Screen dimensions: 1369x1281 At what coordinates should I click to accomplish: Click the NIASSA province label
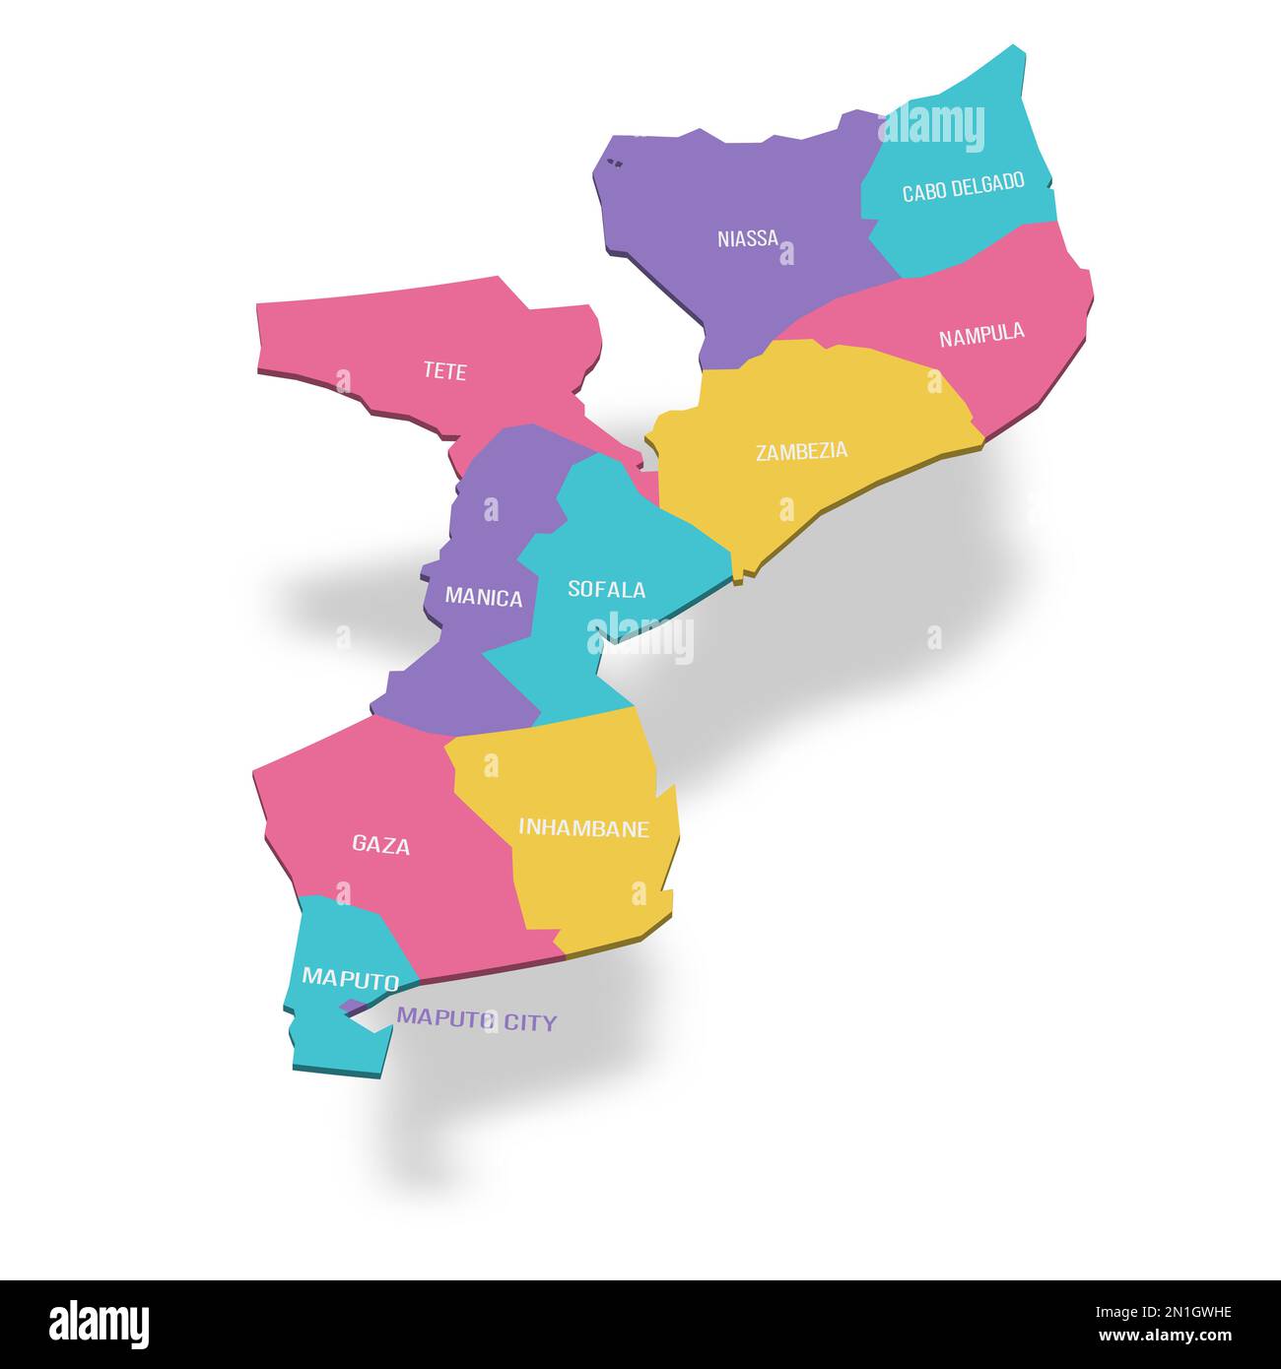tap(748, 238)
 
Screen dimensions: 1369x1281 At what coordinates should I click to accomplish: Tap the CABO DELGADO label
tap(963, 187)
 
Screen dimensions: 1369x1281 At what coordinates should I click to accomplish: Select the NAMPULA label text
tap(981, 335)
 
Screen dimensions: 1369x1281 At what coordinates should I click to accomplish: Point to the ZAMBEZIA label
tap(801, 452)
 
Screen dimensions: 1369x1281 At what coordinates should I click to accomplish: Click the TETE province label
tap(444, 371)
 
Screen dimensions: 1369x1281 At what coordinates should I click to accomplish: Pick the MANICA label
tap(484, 597)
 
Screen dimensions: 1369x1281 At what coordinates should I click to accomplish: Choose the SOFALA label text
tap(606, 589)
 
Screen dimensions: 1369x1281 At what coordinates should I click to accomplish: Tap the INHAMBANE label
tap(583, 828)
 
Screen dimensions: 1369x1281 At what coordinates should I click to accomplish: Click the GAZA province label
tap(381, 844)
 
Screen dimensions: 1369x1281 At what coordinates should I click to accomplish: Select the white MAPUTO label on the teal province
tap(350, 978)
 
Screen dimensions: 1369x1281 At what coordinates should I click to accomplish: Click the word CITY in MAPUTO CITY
tap(530, 1022)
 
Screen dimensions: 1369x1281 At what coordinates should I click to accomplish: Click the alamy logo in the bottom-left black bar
tap(99, 1325)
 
